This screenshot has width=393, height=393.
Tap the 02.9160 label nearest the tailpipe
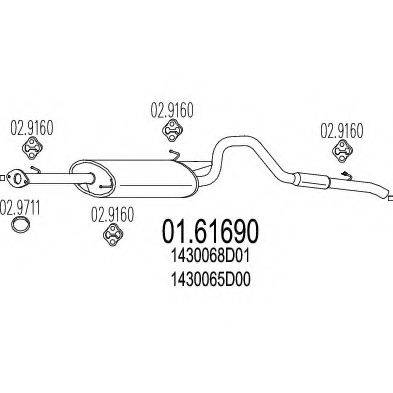tap(342, 129)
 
